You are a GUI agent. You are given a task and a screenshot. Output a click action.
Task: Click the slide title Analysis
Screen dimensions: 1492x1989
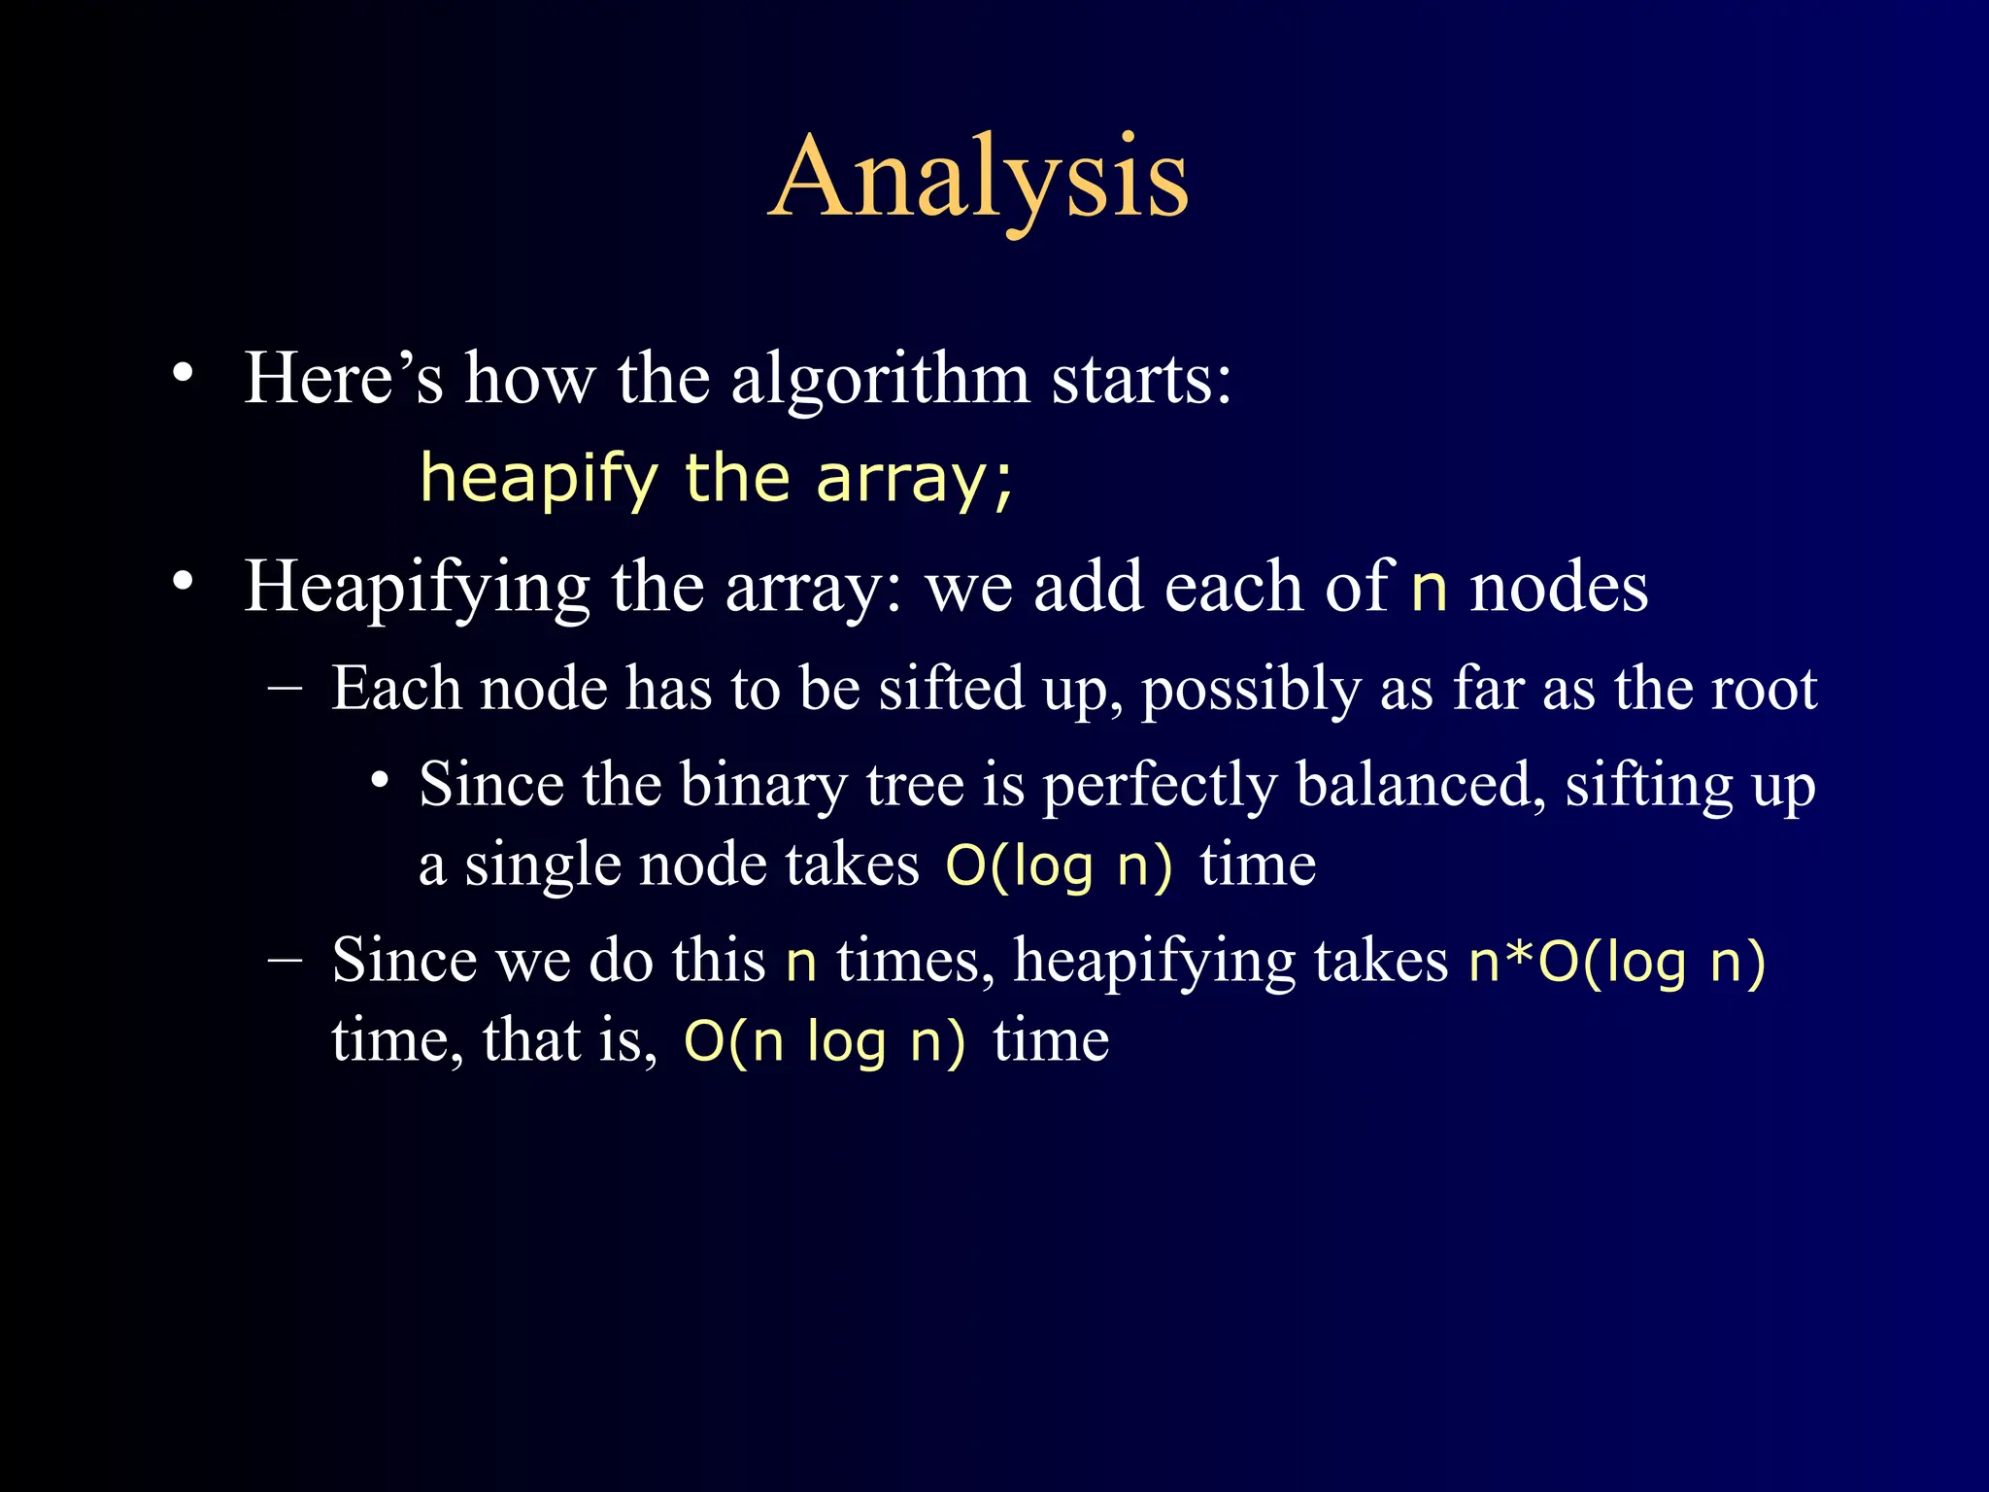[979, 179]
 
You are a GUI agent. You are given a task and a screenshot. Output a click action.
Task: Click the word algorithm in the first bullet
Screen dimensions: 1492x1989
[880, 379]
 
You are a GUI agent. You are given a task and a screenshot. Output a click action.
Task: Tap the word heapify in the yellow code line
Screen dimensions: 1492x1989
[539, 478]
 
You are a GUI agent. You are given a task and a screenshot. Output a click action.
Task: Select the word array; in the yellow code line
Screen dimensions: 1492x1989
[915, 480]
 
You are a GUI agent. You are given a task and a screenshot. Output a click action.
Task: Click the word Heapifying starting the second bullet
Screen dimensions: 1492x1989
[417, 589]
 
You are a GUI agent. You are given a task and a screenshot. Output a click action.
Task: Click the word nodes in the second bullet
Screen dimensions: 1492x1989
[1558, 589]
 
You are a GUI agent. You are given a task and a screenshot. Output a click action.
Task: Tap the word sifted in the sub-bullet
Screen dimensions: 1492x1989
[951, 690]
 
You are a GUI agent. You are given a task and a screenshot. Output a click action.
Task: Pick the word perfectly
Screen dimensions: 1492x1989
[1160, 787]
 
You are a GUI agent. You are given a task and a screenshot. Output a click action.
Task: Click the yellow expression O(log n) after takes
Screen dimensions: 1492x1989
[1060, 865]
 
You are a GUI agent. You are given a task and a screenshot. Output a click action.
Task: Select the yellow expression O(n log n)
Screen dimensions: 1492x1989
[825, 1041]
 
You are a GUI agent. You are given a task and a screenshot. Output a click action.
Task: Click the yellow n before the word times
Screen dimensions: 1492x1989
[800, 964]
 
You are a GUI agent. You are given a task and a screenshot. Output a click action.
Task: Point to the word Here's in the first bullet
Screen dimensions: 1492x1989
[343, 379]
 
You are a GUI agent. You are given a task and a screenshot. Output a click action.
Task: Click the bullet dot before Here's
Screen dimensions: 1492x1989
[183, 373]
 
